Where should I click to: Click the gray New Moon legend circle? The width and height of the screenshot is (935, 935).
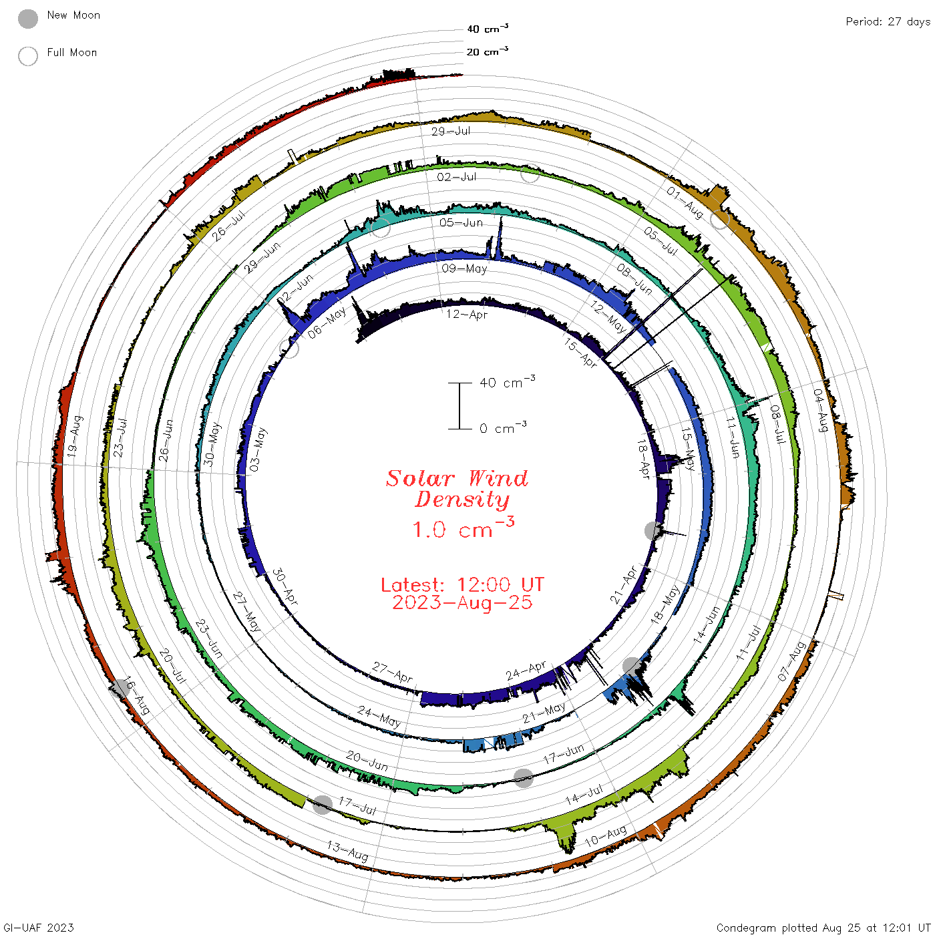(x=28, y=19)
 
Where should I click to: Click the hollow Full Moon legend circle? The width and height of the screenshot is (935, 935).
(x=28, y=56)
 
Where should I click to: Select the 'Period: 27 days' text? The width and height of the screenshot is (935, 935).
(x=888, y=22)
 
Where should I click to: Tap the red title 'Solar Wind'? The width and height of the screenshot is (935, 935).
(x=457, y=478)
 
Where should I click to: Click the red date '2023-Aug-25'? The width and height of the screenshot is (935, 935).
(x=462, y=602)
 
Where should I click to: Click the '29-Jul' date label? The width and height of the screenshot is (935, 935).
(x=451, y=131)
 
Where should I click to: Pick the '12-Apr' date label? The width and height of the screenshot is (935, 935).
(x=467, y=315)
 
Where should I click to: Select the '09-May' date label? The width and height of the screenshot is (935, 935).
(x=464, y=268)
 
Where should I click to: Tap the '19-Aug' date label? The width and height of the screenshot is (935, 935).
(x=75, y=436)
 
